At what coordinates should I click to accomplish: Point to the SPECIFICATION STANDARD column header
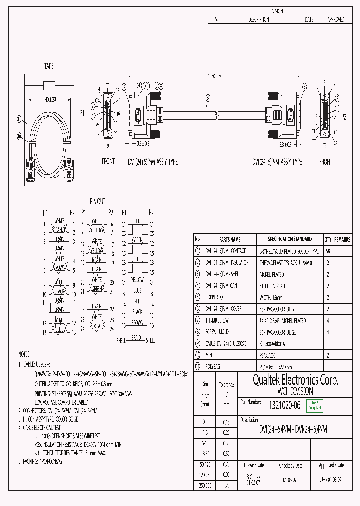pyautogui.click(x=289, y=239)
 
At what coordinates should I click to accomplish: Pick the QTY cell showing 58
pyautogui.click(x=328, y=251)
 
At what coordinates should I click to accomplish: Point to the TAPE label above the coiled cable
pyautogui.click(x=49, y=66)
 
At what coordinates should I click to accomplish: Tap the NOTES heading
pyautogui.click(x=24, y=353)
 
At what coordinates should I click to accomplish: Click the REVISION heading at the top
pyautogui.click(x=276, y=11)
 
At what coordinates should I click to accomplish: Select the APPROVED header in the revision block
pyautogui.click(x=335, y=19)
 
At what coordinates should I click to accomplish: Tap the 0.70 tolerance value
pyautogui.click(x=226, y=464)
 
